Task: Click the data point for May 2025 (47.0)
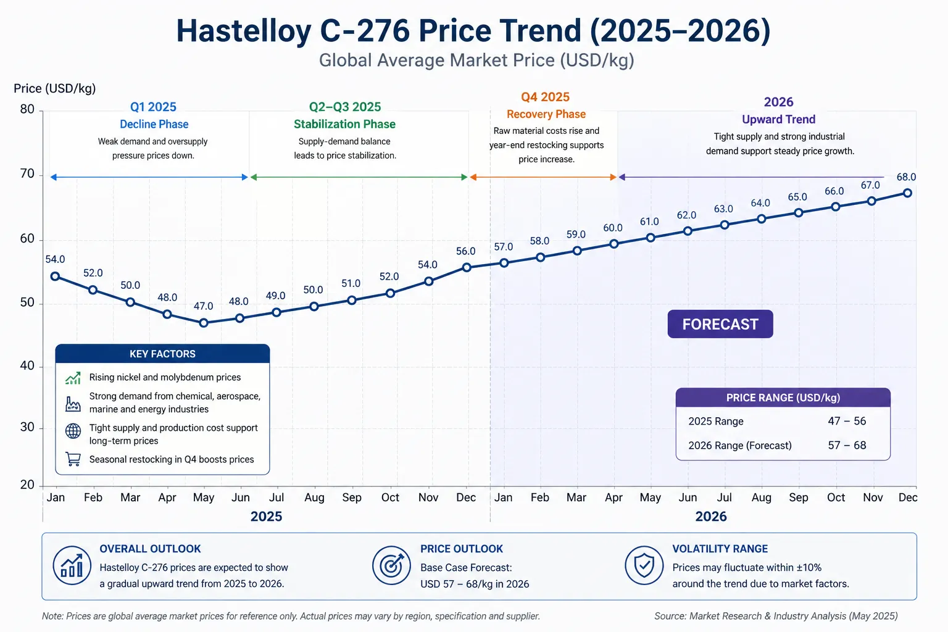pyautogui.click(x=204, y=323)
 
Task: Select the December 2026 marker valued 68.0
pyautogui.click(x=907, y=193)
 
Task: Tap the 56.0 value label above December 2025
pyautogui.click(x=465, y=251)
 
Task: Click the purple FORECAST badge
pyautogui.click(x=720, y=324)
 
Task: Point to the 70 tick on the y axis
pyautogui.click(x=27, y=174)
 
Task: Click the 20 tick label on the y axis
pyautogui.click(x=27, y=485)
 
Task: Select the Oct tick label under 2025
pyautogui.click(x=390, y=497)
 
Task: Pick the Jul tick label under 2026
pyautogui.click(x=724, y=497)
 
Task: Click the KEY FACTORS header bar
pyautogui.click(x=162, y=354)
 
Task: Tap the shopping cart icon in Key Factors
pyautogui.click(x=73, y=459)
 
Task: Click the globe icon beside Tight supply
pyautogui.click(x=73, y=431)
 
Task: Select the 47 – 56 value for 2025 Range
pyautogui.click(x=847, y=421)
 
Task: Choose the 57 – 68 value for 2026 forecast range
pyautogui.click(x=847, y=446)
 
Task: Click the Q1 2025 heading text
pyautogui.click(x=153, y=107)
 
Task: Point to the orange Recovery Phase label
pyautogui.click(x=546, y=114)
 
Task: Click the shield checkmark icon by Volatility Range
pyautogui.click(x=644, y=565)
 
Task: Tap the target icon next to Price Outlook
pyautogui.click(x=391, y=565)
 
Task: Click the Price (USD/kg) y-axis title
pyautogui.click(x=55, y=88)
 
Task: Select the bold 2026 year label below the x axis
pyautogui.click(x=711, y=517)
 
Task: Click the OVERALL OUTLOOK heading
pyautogui.click(x=150, y=549)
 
